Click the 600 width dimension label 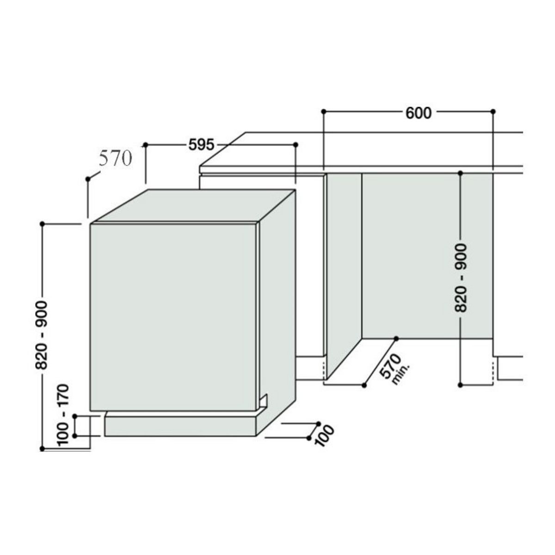[x=418, y=112]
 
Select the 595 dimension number [x=202, y=145]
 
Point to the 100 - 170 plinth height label [x=64, y=414]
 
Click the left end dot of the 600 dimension [x=324, y=111]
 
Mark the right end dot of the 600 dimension [x=493, y=111]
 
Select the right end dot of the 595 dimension [x=296, y=145]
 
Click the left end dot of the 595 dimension [x=146, y=145]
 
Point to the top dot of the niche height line [x=460, y=173]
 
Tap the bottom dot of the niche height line [x=460, y=384]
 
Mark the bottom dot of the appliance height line [x=42, y=448]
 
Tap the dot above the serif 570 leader [x=88, y=179]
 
